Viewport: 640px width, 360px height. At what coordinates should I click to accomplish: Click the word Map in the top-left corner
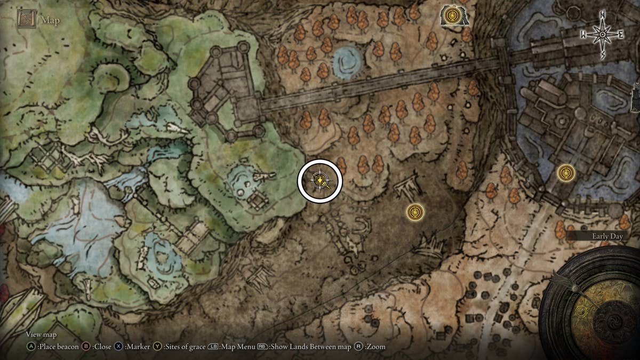[51, 21]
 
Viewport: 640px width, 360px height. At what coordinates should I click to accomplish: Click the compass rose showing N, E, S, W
[602, 35]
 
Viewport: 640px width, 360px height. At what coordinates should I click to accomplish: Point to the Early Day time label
[607, 236]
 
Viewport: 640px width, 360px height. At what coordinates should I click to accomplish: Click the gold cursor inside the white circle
[319, 181]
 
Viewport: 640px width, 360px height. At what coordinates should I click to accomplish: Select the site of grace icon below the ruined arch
[415, 212]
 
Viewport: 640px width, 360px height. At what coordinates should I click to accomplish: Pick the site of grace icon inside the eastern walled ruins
[565, 173]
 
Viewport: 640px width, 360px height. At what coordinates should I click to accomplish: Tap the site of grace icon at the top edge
[453, 15]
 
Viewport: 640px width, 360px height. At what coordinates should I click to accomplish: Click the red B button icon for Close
[85, 347]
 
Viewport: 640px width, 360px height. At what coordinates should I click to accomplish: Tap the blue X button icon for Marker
[118, 347]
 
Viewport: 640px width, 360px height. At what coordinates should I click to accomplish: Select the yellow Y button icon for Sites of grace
[157, 347]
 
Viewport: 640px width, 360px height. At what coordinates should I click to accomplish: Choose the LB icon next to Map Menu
[214, 347]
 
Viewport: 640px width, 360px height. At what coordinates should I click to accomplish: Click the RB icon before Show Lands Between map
[262, 347]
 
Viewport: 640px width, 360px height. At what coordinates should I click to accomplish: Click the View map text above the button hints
[42, 335]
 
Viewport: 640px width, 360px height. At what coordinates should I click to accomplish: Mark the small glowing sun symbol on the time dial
[581, 310]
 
